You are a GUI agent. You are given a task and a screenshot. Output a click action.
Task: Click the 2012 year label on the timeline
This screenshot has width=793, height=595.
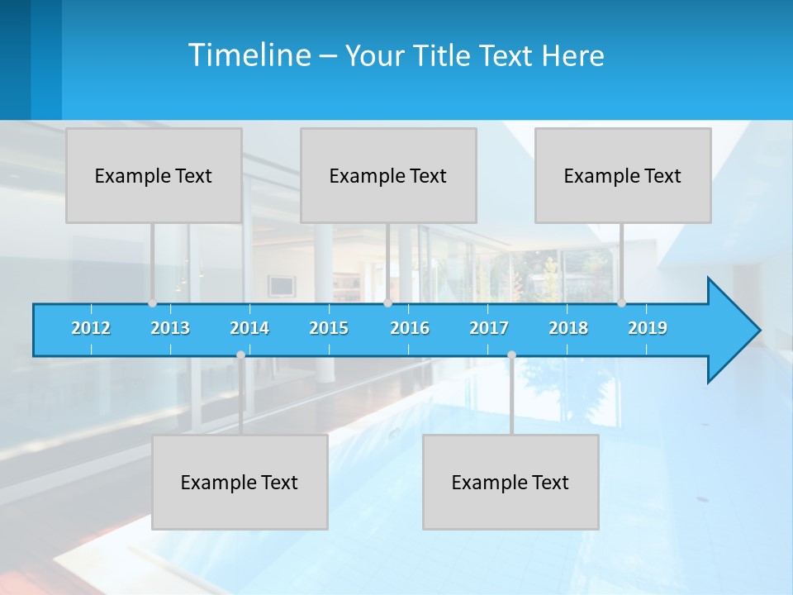tap(91, 328)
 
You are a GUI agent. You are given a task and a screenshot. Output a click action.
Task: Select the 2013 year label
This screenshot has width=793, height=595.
tap(170, 328)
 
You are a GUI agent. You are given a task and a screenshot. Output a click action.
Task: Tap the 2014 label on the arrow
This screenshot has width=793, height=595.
tap(249, 328)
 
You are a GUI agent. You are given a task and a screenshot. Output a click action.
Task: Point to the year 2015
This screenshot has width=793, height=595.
tap(329, 328)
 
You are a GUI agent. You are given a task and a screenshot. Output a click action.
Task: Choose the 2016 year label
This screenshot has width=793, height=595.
tap(410, 328)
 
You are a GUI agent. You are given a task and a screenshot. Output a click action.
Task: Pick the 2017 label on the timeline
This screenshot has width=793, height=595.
tap(489, 328)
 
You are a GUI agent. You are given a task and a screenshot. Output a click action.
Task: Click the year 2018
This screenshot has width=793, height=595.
tap(568, 328)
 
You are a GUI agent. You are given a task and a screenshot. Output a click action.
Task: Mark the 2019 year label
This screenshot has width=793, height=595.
tap(648, 328)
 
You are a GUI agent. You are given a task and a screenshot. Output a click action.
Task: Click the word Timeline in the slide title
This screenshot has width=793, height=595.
tap(248, 55)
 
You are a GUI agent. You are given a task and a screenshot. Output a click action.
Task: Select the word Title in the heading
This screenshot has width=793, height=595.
tap(442, 56)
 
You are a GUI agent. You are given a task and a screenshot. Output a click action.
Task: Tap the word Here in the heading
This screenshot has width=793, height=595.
tap(572, 56)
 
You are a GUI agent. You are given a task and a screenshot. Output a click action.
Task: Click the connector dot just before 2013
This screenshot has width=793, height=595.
tap(152, 303)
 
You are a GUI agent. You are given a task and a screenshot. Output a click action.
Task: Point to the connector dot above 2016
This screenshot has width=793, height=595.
tap(387, 303)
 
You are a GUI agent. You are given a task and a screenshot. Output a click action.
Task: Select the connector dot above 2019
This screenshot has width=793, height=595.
tap(621, 303)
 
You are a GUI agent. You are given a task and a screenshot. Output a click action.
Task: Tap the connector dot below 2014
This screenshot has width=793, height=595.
tap(240, 355)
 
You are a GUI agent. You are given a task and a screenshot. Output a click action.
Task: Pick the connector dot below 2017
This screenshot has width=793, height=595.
tap(511, 355)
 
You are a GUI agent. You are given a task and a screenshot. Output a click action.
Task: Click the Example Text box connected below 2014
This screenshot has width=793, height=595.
tap(240, 482)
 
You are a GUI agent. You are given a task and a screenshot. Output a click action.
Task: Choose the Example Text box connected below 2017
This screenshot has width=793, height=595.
tap(510, 482)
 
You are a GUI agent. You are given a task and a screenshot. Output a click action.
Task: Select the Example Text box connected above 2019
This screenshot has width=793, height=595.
tap(623, 175)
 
